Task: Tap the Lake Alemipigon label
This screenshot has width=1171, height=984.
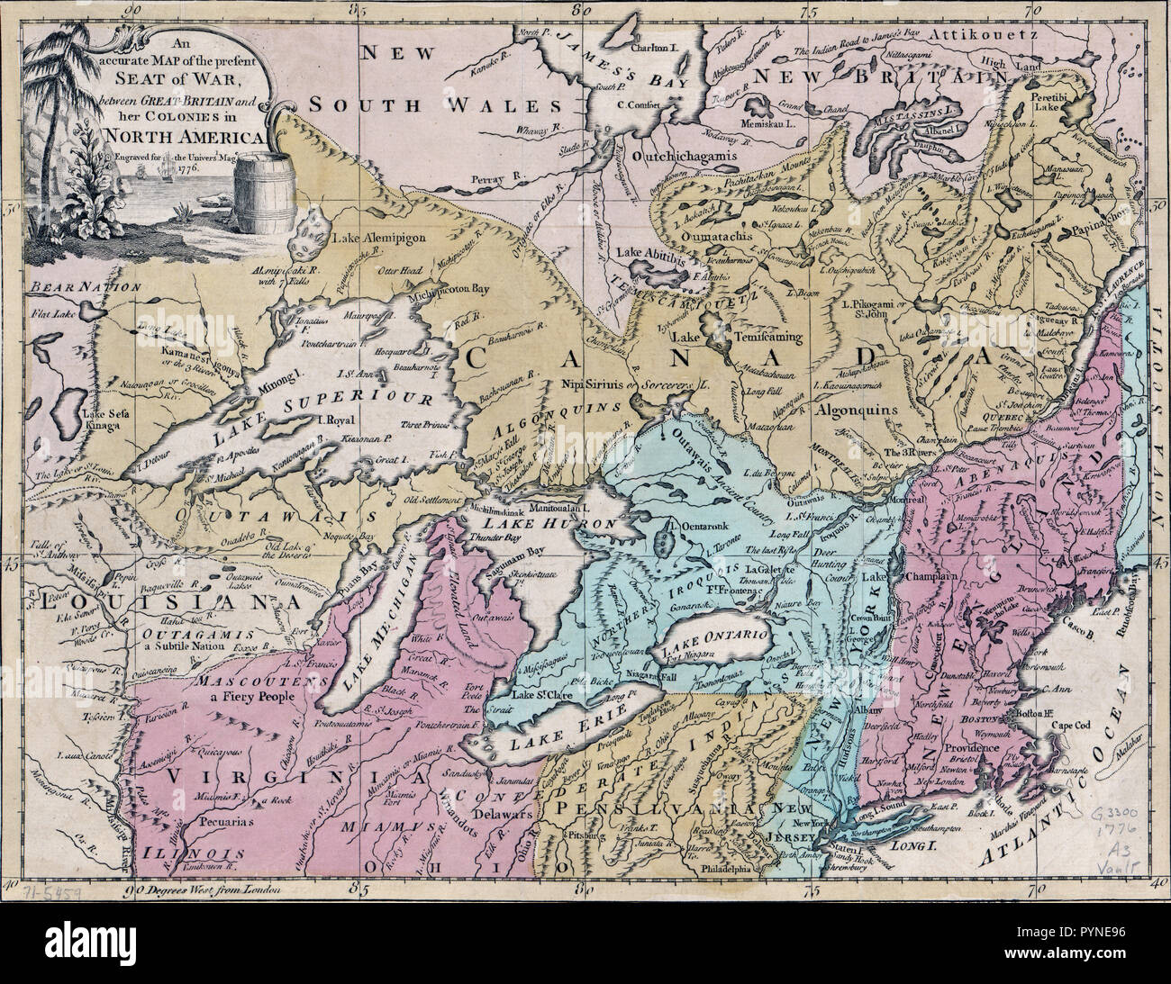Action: [x=377, y=239]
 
